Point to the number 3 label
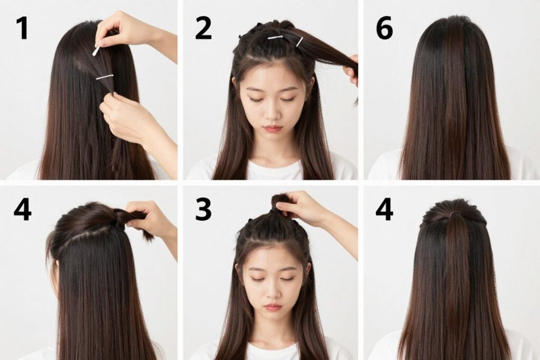point(203,209)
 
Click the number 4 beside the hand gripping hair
point(22,209)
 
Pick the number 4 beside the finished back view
point(384,209)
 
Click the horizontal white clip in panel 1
point(104,77)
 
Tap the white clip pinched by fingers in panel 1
point(96,51)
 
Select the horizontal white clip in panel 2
point(275,37)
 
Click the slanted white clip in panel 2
point(299,42)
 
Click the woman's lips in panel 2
point(272,128)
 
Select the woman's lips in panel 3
point(272,307)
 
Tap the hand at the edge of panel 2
point(352,71)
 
